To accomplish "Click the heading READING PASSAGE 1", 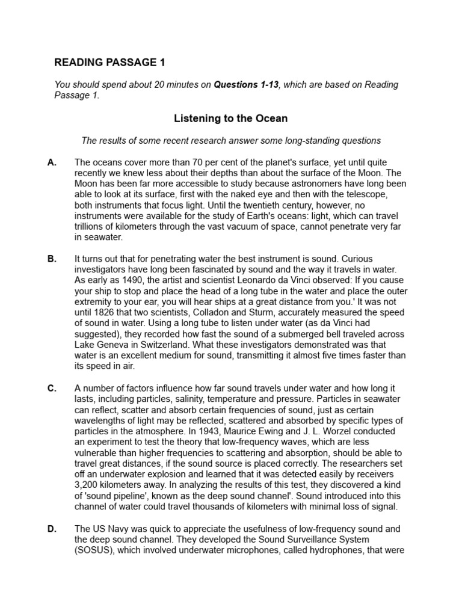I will click(109, 62).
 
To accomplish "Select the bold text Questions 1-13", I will click(246, 85).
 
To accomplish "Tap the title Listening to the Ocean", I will click(230, 119).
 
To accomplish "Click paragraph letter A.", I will click(52, 163).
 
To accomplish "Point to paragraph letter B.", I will click(52, 259).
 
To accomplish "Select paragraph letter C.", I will click(52, 389).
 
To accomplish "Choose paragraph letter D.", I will click(52, 529).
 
